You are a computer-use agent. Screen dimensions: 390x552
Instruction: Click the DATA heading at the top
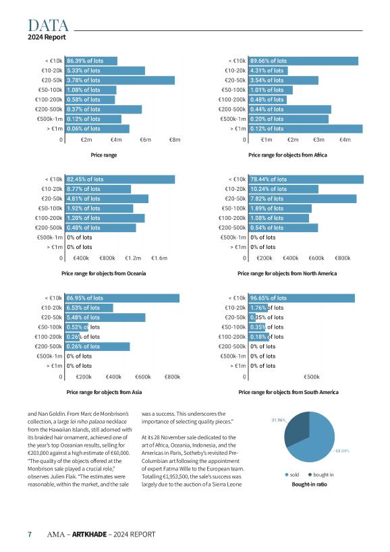click(x=48, y=26)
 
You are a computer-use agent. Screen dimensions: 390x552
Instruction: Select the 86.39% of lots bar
click(x=91, y=61)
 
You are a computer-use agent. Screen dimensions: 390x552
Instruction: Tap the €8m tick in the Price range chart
click(x=175, y=140)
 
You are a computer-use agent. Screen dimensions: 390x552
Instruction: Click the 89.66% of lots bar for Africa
click(x=304, y=61)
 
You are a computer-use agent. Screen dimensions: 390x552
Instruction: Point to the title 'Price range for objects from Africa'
click(x=287, y=155)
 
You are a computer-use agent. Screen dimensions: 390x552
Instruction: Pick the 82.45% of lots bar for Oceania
click(x=120, y=180)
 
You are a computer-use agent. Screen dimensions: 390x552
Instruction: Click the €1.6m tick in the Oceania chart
click(x=159, y=258)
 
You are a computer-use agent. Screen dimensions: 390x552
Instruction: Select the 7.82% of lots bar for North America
click(x=303, y=198)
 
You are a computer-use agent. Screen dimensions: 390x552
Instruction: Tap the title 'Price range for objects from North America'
click(x=287, y=273)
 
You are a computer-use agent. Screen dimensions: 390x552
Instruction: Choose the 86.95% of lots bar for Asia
click(x=122, y=298)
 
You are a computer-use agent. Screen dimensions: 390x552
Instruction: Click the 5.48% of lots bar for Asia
click(x=105, y=317)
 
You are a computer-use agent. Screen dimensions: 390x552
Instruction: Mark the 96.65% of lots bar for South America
click(x=302, y=298)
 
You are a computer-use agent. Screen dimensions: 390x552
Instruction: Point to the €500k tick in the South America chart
click(x=312, y=377)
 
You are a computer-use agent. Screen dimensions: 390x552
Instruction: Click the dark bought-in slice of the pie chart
click(x=296, y=431)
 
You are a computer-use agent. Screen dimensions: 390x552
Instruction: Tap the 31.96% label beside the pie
click(x=278, y=420)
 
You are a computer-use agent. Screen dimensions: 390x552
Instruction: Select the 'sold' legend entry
click(x=292, y=474)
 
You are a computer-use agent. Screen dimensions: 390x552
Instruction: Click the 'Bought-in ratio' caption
click(x=310, y=485)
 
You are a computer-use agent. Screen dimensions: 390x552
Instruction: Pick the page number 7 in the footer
click(x=30, y=534)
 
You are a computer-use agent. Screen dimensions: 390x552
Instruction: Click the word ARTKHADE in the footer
click(x=90, y=534)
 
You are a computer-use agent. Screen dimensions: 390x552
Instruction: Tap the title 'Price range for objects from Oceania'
click(x=104, y=273)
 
